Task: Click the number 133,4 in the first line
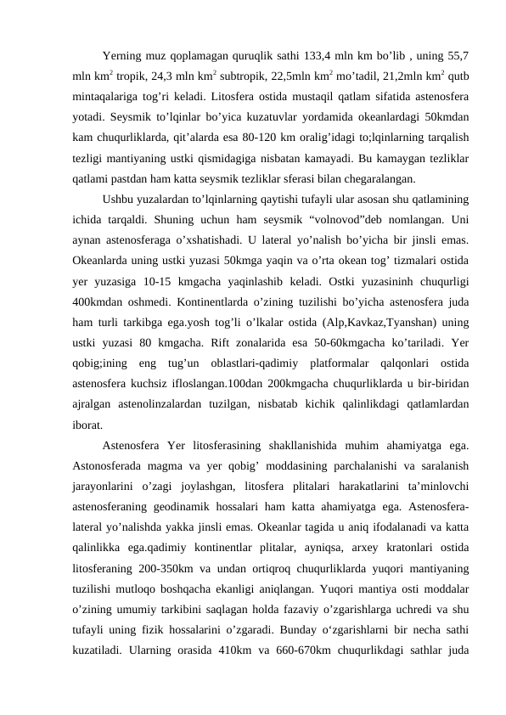(x=316, y=57)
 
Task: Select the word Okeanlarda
(x=101, y=261)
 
